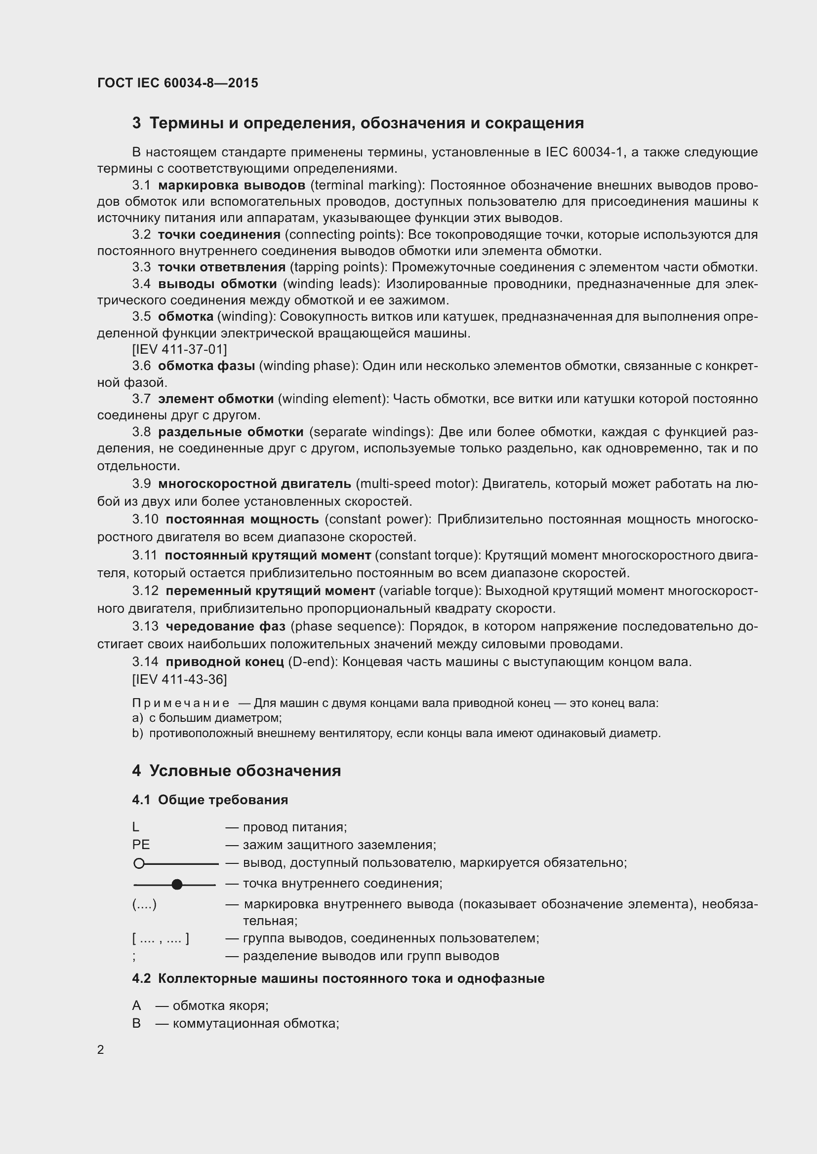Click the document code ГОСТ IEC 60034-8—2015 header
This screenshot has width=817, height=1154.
pos(178,83)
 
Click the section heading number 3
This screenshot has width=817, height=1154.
pos(136,123)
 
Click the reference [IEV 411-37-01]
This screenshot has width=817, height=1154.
pos(179,349)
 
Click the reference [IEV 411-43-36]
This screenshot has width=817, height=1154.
pos(179,679)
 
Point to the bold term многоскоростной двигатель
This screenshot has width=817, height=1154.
pos(254,484)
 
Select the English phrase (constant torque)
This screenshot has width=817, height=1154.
pos(429,556)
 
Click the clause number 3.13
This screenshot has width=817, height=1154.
pos(145,626)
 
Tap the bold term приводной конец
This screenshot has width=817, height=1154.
pos(224,662)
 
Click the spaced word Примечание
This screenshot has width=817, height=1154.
pos(181,703)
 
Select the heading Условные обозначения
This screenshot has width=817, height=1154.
pos(245,771)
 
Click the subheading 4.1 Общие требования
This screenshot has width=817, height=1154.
pos(210,800)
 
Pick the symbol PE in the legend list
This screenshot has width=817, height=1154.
pos(141,845)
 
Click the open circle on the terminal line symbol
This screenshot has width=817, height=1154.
pos(139,864)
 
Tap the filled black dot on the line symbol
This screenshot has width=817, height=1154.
pos(177,885)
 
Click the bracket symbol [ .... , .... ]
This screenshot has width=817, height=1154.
pos(161,938)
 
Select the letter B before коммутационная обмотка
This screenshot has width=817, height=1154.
pos(136,1023)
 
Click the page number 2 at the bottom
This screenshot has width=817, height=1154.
pos(101,1050)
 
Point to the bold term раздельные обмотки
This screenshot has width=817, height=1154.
pos(231,432)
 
